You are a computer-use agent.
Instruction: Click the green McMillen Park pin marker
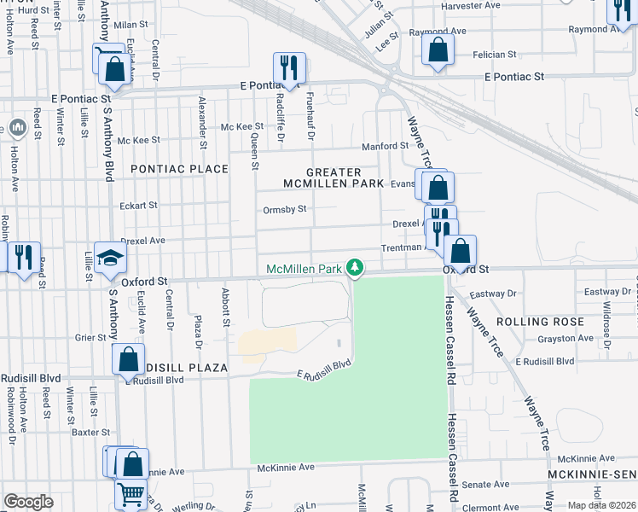[356, 268]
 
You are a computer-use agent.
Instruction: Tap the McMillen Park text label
[305, 269]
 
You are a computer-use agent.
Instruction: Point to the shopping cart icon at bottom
[130, 494]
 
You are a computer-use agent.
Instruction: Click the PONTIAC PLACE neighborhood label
[179, 169]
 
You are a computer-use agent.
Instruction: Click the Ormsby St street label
[284, 209]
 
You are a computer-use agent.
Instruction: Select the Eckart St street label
[138, 205]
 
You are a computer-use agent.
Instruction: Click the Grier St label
[89, 337]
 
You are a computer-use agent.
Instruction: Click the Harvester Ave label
[467, 6]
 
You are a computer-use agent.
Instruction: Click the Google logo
[28, 502]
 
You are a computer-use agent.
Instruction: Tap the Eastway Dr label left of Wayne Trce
[494, 293]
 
